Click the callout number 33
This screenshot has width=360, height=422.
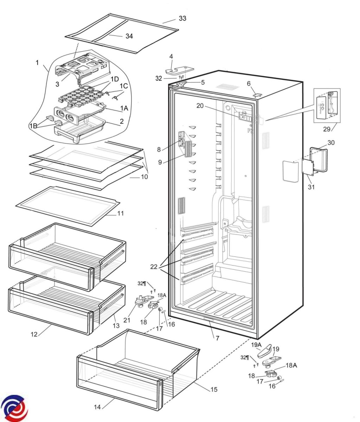click(182, 18)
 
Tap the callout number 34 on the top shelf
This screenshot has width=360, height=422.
click(129, 36)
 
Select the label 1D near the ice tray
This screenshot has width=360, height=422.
click(115, 79)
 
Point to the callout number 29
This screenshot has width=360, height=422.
click(327, 129)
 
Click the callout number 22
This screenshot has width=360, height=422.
click(154, 267)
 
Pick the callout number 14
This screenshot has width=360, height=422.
click(97, 407)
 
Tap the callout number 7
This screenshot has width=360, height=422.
click(218, 338)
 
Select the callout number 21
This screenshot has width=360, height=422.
click(127, 320)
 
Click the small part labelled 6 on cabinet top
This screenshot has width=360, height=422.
click(258, 95)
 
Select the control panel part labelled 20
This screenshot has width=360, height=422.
click(246, 116)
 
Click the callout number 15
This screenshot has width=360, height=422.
click(214, 389)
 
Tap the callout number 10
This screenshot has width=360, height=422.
click(144, 177)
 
